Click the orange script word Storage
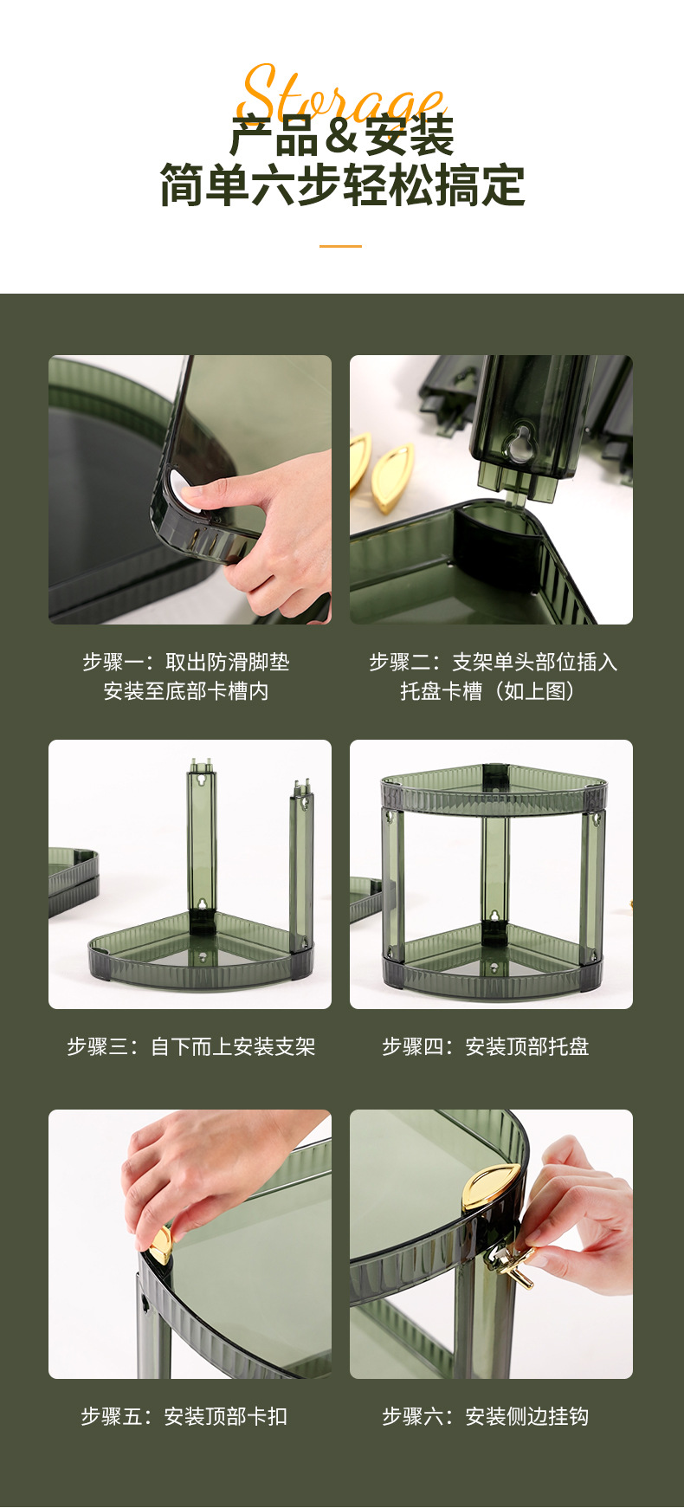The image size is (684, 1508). tap(342, 94)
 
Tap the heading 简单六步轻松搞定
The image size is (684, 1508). tap(342, 186)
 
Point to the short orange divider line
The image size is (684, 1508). tap(340, 246)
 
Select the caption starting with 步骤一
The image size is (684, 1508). tap(186, 663)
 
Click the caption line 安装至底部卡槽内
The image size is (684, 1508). tap(186, 691)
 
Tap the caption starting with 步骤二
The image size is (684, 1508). tap(493, 663)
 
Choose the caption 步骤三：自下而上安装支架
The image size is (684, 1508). tap(191, 1047)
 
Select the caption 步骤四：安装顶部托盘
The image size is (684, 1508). tap(486, 1047)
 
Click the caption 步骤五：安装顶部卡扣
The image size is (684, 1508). tap(184, 1417)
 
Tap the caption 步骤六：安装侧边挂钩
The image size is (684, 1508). tap(486, 1417)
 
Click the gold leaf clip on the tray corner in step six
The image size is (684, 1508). tap(491, 1186)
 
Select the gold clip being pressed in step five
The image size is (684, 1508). tap(160, 1245)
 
